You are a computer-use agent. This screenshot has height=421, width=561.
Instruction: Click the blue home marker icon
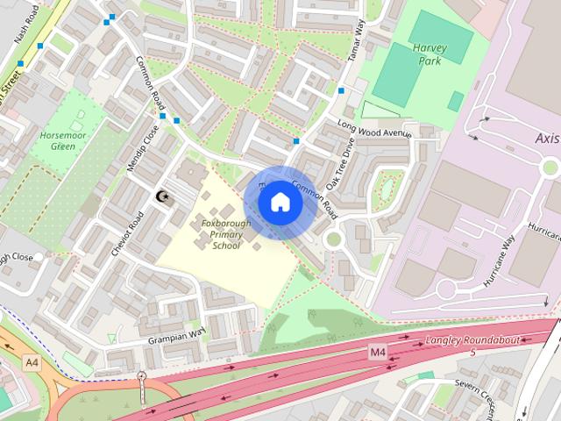(280, 202)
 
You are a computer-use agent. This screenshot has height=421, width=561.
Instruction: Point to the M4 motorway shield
(377, 353)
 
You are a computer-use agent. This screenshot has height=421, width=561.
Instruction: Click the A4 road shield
(32, 362)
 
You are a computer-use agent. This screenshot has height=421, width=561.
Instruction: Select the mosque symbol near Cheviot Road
(161, 196)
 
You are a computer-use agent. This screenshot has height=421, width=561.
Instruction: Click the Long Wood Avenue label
(375, 128)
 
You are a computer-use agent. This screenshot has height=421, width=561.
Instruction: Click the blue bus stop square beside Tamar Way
(340, 90)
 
